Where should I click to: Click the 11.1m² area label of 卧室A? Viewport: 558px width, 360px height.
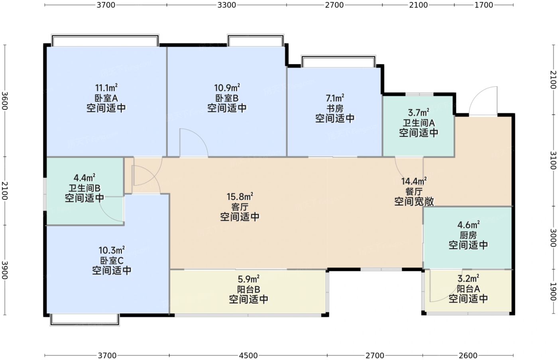pyautogui.click(x=106, y=88)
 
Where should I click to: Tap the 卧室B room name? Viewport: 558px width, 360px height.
pyautogui.click(x=227, y=98)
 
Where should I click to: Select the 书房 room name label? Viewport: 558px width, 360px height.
pyautogui.click(x=335, y=108)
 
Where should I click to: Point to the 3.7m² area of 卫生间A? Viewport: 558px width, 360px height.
pyautogui.click(x=418, y=113)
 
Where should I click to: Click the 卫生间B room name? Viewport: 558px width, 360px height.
pyautogui.click(x=84, y=188)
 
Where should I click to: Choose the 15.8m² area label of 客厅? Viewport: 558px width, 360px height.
pyautogui.click(x=240, y=197)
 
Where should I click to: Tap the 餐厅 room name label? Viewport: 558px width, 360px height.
pyautogui.click(x=414, y=192)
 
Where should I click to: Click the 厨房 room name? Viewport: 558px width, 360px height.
pyautogui.click(x=468, y=235)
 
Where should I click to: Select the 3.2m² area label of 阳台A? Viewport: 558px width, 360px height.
pyautogui.click(x=468, y=279)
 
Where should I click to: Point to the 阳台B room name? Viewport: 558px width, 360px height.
pyautogui.click(x=249, y=289)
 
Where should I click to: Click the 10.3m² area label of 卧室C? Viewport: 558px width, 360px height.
pyautogui.click(x=112, y=250)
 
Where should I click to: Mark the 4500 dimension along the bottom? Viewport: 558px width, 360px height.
pyautogui.click(x=248, y=356)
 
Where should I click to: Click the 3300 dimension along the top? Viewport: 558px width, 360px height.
pyautogui.click(x=227, y=5)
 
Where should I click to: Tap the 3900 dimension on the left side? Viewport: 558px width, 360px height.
pyautogui.click(x=5, y=270)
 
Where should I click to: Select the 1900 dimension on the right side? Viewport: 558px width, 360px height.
pyautogui.click(x=553, y=292)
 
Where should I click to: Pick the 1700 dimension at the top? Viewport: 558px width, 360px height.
pyautogui.click(x=484, y=5)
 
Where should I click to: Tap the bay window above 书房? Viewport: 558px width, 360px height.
pyautogui.click(x=338, y=61)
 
